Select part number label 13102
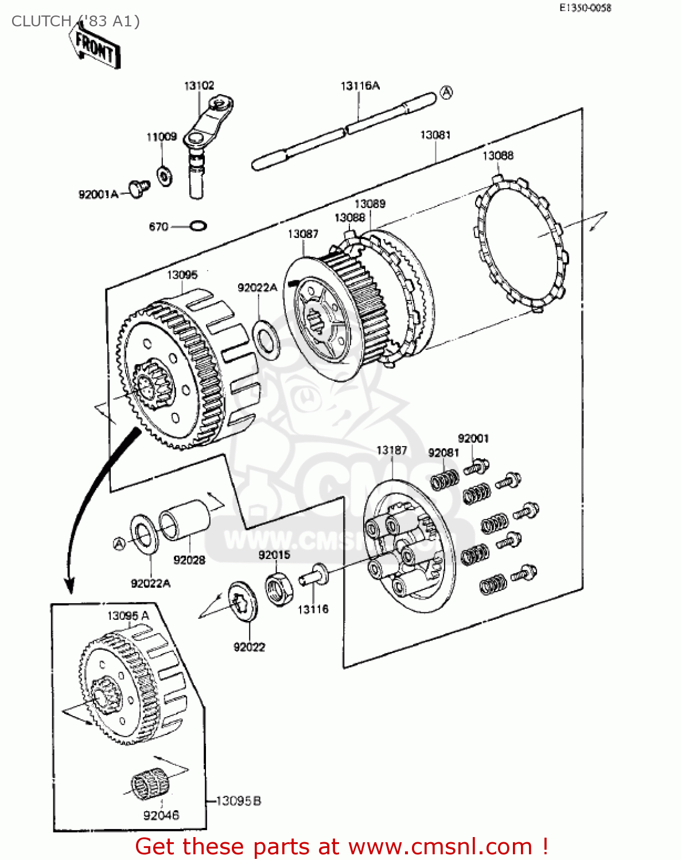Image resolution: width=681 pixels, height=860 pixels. pyautogui.click(x=199, y=85)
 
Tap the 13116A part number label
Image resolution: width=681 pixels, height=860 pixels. pyautogui.click(x=360, y=86)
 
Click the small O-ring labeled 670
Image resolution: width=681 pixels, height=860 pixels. pyautogui.click(x=197, y=226)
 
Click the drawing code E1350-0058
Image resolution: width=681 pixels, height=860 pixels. pyautogui.click(x=585, y=7)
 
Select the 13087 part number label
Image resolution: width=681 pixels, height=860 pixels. pyautogui.click(x=302, y=234)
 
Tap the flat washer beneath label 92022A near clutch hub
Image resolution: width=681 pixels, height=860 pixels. pyautogui.click(x=266, y=338)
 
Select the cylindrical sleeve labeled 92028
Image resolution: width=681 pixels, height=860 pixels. pyautogui.click(x=184, y=519)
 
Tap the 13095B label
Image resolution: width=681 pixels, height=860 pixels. pyautogui.click(x=238, y=800)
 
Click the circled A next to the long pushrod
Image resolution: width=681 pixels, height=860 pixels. pyautogui.click(x=446, y=92)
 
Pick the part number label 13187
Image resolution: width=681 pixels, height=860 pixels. pyautogui.click(x=391, y=450)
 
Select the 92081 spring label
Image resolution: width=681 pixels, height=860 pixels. pyautogui.click(x=443, y=453)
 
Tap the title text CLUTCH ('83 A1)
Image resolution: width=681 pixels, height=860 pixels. pyautogui.click(x=75, y=21)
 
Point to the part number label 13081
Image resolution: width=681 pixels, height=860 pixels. pyautogui.click(x=435, y=135)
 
